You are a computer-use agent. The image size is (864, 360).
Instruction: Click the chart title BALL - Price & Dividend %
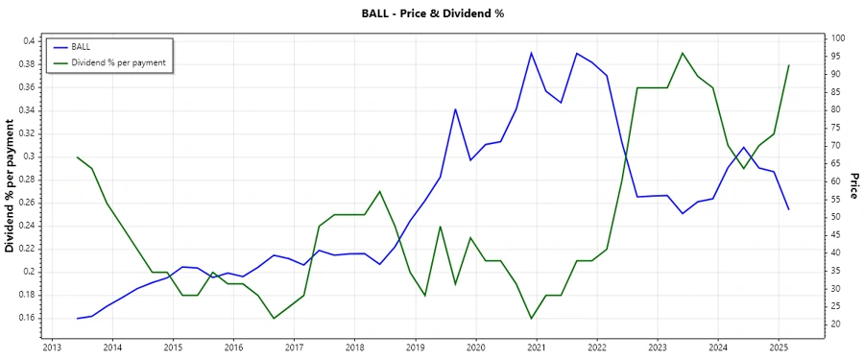coord(431,13)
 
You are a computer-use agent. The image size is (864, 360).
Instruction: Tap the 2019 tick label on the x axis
coord(415,347)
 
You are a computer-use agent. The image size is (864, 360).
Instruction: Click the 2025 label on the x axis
coord(779,347)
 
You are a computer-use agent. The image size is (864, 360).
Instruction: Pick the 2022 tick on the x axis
coord(597,347)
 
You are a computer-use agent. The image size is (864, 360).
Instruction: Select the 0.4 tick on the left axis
coord(29,40)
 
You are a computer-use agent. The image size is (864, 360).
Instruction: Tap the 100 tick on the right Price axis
coord(838,38)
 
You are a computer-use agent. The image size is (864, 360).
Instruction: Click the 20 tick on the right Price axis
coord(836,324)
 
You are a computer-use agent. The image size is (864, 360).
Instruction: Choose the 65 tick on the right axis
coord(836,163)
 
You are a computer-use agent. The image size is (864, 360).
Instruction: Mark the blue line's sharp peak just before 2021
coord(531,53)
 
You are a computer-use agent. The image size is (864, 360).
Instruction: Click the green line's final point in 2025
coord(788,65)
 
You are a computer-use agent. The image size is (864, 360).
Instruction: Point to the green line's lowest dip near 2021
coord(531,318)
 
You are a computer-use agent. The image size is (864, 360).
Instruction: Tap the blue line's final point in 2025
coord(788,209)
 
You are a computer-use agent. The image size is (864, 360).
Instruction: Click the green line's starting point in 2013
coord(77,156)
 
